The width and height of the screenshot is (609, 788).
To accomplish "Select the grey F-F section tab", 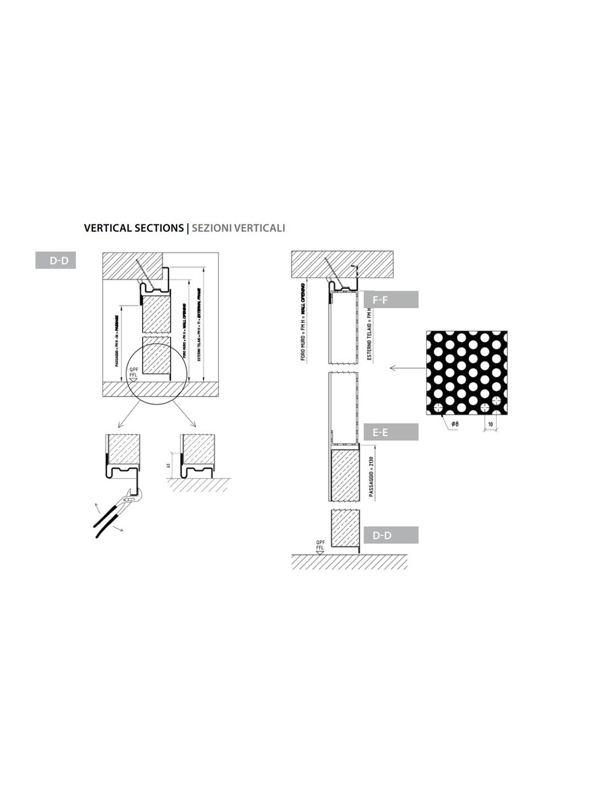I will coord(391,300).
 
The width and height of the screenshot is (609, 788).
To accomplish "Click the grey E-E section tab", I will coord(391,432).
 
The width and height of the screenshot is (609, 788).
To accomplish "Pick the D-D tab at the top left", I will coord(55,260).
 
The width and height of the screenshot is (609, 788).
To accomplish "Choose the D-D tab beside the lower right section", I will coord(391,535).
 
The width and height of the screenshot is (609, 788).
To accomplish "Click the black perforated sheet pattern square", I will coord(466,372).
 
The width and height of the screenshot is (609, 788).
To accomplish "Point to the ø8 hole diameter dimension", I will coord(455,424).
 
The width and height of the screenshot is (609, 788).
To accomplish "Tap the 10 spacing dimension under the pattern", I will coord(491,424).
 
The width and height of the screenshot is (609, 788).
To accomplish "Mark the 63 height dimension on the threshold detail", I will coord(168,465).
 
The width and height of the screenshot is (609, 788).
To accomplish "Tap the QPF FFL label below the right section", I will coord(320,545).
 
